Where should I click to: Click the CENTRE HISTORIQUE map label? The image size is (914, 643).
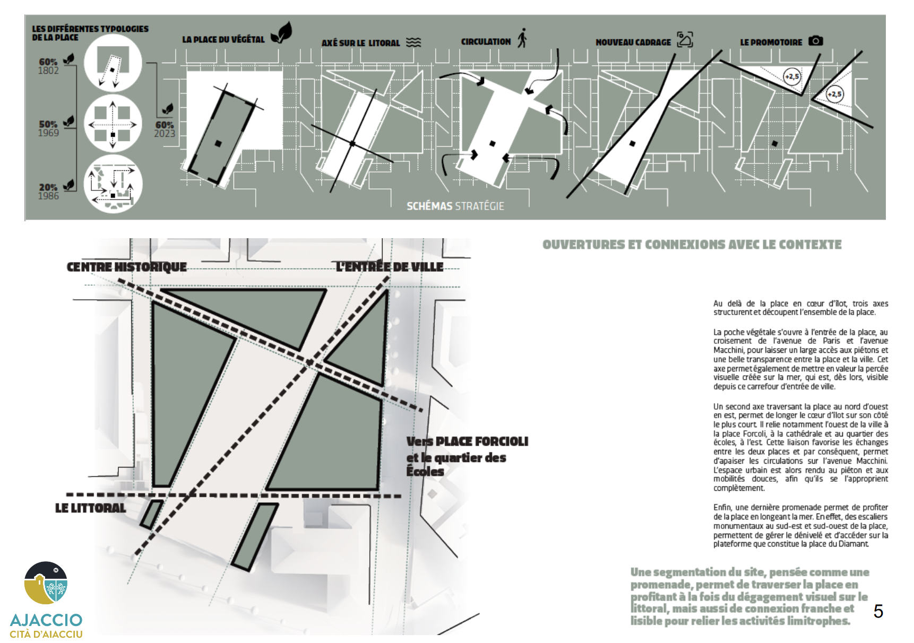point(126,267)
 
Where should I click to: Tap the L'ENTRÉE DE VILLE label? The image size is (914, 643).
point(390,267)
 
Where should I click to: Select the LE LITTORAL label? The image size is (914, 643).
point(90,508)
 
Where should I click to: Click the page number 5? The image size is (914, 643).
point(878,611)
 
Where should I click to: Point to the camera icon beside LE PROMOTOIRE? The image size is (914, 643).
point(815,41)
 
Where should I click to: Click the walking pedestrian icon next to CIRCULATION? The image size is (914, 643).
point(522,38)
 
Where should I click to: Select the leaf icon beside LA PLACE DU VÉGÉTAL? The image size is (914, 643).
point(281,33)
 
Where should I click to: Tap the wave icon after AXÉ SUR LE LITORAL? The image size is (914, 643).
point(413,42)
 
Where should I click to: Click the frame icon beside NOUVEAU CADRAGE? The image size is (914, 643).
point(685,39)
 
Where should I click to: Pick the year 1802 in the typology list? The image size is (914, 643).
point(48,71)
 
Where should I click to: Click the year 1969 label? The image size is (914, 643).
point(48,133)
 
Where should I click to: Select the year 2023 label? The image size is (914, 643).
point(165,134)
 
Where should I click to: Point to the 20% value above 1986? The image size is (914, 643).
point(48,187)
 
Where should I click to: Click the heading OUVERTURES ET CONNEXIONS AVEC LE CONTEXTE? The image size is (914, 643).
point(692,245)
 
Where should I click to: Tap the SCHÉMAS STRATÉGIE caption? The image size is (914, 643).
point(455,206)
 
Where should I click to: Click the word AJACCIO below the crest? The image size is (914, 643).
point(46,620)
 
